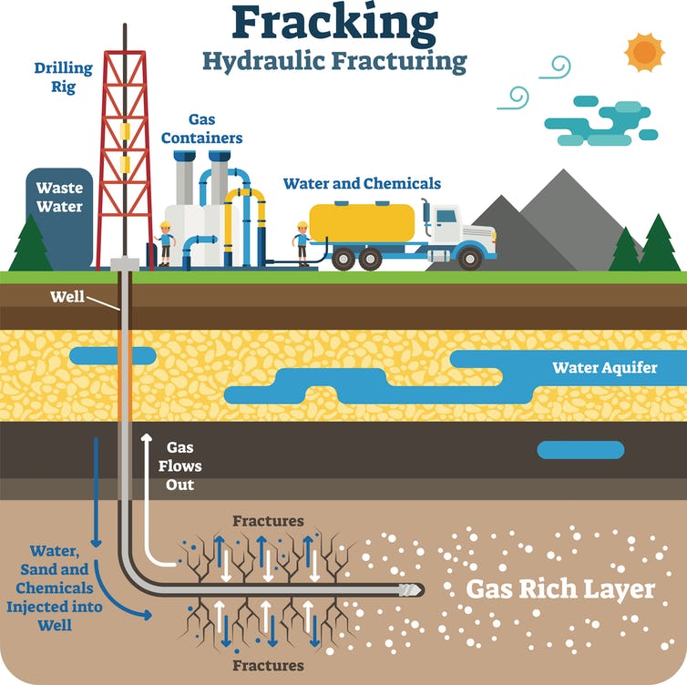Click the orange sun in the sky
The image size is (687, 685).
click(x=644, y=52)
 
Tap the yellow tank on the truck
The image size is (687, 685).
click(x=362, y=222)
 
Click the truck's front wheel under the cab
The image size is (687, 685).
click(x=469, y=259)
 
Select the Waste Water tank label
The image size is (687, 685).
click(x=59, y=197)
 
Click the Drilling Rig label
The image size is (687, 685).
click(x=64, y=77)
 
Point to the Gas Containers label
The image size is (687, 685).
click(x=201, y=128)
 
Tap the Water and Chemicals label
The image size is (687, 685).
click(x=362, y=183)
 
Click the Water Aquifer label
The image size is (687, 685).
click(x=605, y=367)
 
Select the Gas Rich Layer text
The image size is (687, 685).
click(x=560, y=589)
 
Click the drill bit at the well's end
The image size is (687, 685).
click(x=412, y=590)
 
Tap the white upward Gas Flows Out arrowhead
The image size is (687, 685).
click(x=147, y=437)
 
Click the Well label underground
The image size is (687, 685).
click(x=67, y=297)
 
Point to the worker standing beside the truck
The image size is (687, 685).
click(x=302, y=243)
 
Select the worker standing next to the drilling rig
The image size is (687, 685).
click(x=165, y=243)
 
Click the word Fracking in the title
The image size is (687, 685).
click(x=334, y=24)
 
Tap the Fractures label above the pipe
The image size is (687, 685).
click(x=268, y=521)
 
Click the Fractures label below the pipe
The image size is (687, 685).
click(x=268, y=665)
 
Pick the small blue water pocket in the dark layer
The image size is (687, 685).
click(x=580, y=450)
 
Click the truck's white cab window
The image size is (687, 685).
click(x=446, y=217)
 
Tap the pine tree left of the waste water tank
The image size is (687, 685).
click(x=31, y=243)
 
